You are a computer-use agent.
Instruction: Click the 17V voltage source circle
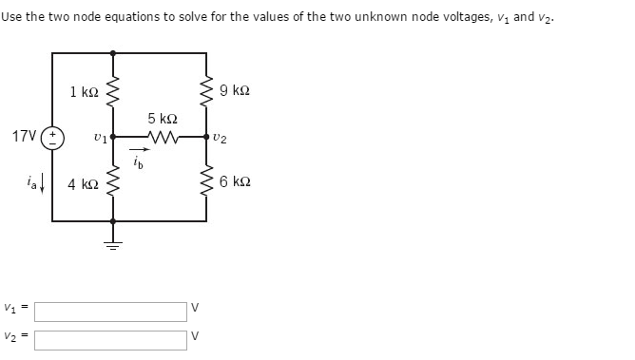52,136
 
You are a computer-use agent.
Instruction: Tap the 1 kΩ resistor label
84,92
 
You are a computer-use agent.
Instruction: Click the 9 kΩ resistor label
234,91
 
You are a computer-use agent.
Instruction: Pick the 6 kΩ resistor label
234,181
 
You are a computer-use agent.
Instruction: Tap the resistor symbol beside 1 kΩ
113,93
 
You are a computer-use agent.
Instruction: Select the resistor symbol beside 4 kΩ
113,181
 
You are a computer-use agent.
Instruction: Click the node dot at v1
113,136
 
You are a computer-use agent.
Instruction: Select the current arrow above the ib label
140,148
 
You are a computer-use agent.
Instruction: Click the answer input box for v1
110,312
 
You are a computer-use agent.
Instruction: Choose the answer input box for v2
110,339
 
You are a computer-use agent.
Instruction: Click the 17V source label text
25,136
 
